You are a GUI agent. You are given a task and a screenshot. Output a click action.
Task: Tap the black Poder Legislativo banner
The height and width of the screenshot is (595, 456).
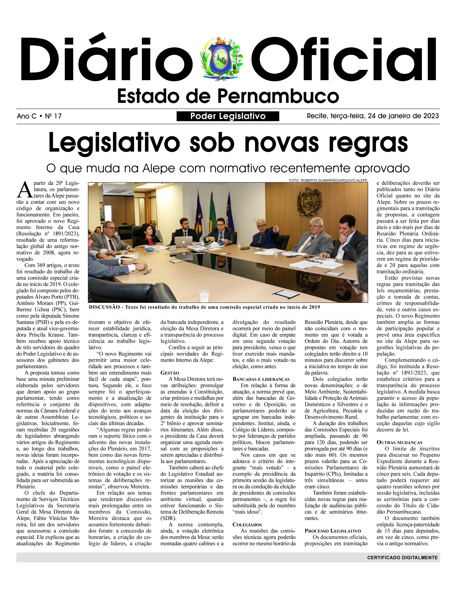click(x=228, y=116)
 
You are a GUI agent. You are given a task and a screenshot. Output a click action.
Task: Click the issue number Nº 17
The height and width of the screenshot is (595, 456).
click(x=54, y=116)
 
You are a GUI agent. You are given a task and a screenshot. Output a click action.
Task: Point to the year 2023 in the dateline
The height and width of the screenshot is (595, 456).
click(x=431, y=116)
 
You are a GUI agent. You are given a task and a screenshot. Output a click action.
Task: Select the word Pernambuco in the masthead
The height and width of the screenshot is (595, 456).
click(x=278, y=96)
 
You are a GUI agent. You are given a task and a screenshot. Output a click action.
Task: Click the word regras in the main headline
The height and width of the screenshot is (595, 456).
click(x=368, y=143)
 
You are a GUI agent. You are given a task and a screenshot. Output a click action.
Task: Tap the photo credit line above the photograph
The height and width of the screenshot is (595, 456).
click(x=328, y=180)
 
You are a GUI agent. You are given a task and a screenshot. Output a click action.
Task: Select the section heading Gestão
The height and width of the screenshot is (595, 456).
click(x=170, y=373)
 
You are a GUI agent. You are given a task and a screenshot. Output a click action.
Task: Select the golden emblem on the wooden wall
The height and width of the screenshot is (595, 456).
click(x=309, y=201)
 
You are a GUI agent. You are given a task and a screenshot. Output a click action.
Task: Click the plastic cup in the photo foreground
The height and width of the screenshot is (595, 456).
click(x=204, y=296)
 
